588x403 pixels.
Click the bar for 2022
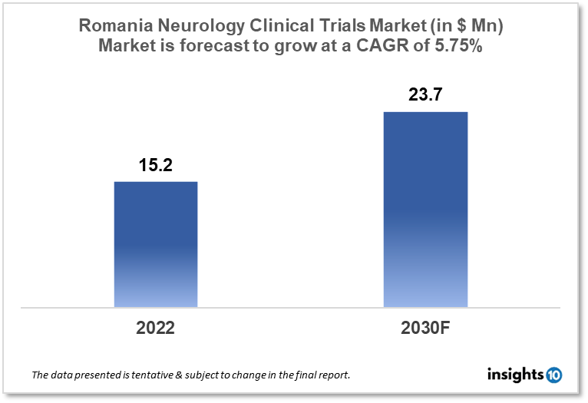click(156, 244)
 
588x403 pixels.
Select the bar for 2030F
click(425, 209)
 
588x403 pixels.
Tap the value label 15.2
click(156, 164)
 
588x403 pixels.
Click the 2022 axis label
click(156, 328)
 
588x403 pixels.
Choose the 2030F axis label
click(425, 328)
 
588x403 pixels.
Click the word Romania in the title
click(117, 26)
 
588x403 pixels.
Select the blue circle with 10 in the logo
click(553, 375)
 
